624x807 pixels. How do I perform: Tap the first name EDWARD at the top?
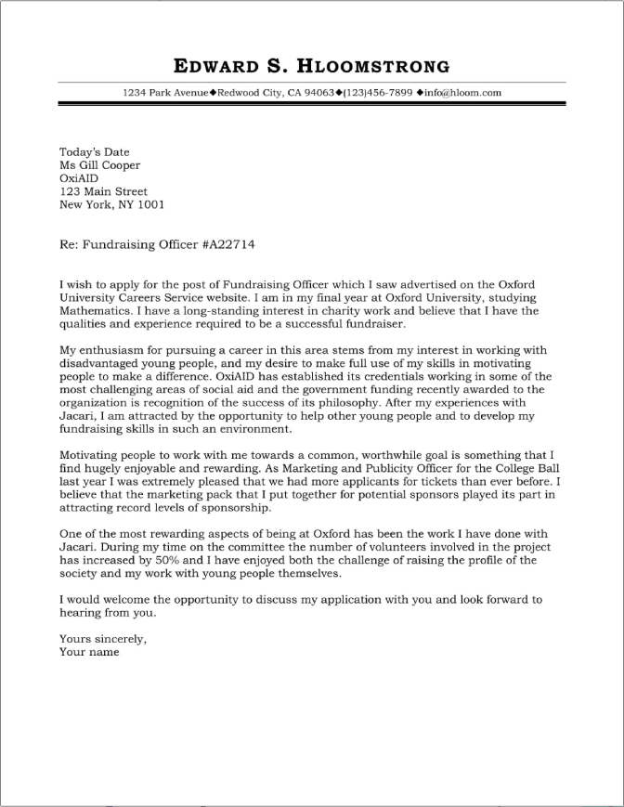pyautogui.click(x=217, y=66)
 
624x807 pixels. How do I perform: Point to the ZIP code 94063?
pyautogui.click(x=318, y=93)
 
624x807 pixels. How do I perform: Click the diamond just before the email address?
pyautogui.click(x=421, y=93)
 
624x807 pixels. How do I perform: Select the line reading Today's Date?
pyautogui.click(x=95, y=152)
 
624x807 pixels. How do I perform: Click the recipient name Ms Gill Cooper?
pyautogui.click(x=100, y=165)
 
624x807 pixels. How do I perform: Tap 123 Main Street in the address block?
pyautogui.click(x=104, y=192)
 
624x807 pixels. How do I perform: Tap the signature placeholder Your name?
pyautogui.click(x=89, y=652)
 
